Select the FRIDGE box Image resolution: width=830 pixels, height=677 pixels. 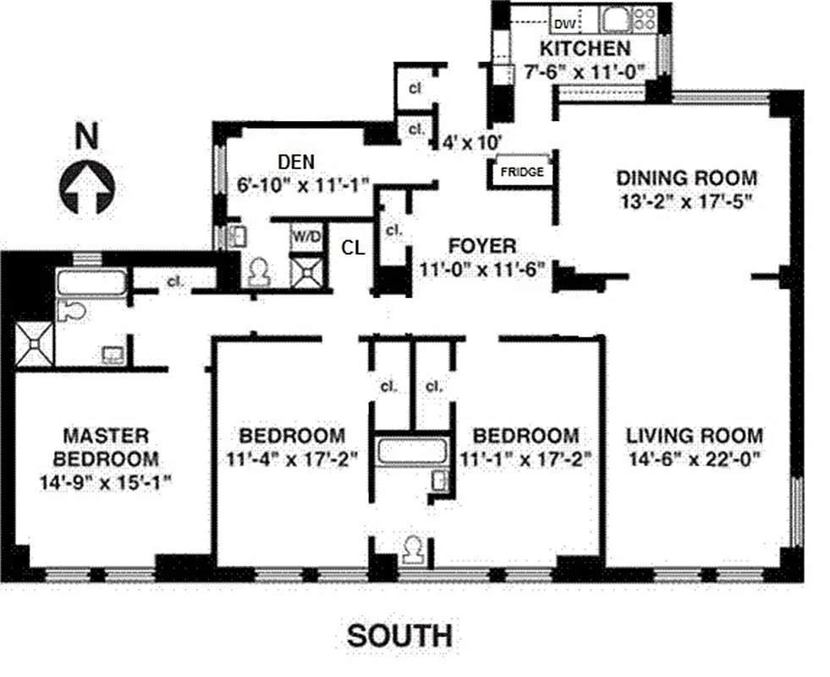(522, 172)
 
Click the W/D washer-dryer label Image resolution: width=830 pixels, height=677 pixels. (306, 236)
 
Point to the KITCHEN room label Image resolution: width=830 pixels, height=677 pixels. (585, 48)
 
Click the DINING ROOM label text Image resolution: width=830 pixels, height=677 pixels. (685, 178)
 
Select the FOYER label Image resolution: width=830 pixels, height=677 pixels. (482, 246)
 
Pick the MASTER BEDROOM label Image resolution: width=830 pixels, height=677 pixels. (106, 447)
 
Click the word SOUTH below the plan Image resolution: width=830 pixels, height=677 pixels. (399, 636)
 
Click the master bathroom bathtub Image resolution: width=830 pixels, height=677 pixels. (91, 283)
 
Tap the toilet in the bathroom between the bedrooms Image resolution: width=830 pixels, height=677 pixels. (414, 551)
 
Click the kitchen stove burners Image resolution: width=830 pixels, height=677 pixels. (645, 19)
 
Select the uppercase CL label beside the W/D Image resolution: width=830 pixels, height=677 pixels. (354, 247)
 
